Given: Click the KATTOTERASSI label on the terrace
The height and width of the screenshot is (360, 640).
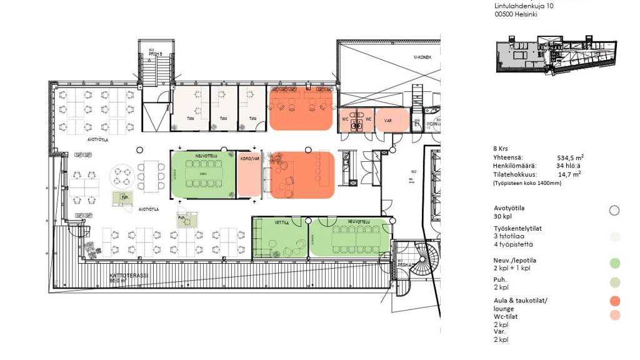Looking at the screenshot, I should pos(129,275).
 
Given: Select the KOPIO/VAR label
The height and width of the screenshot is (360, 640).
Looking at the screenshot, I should pos(249,158).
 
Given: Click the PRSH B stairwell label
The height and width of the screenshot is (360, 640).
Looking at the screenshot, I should pos(155,54).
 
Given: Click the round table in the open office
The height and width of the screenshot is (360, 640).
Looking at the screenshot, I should pos(122,177).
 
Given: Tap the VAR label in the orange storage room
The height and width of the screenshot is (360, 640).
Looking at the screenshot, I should pos(387,120).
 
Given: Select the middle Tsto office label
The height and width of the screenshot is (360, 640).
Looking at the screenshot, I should pos(223,119).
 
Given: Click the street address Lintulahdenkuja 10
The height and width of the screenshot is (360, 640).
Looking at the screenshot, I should pos(524,6).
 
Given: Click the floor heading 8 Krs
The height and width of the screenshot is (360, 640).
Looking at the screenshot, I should pos(500,149).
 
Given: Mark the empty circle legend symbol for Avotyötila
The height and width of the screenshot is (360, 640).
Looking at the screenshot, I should pos(614,211).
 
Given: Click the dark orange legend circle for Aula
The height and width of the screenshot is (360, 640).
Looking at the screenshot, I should pos(614,301).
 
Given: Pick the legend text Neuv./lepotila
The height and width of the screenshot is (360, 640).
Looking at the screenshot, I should pos(515,261).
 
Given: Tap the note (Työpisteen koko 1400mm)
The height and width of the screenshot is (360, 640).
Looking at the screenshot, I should pos(527,184).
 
